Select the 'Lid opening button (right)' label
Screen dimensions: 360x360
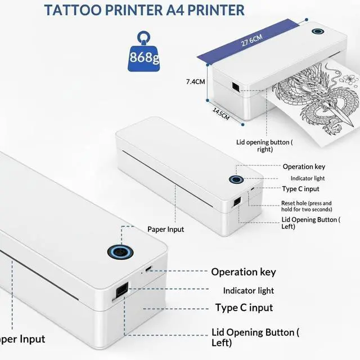pos(264,146)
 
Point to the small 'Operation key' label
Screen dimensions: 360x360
pos(304,166)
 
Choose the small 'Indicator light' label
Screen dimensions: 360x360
pos(304,178)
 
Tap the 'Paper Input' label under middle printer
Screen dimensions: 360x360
pos(166,229)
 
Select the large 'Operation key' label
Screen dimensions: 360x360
pos(244,272)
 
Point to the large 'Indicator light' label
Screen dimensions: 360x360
pos(248,290)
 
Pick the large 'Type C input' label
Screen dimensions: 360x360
pos(244,308)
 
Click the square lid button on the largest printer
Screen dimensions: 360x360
pos(121,291)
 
